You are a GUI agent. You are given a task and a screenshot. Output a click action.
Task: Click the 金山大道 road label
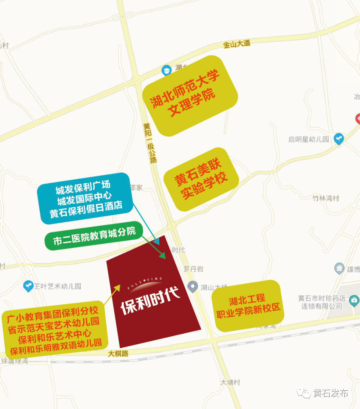pos(236,44)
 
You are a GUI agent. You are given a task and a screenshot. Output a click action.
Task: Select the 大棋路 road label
pos(118,353)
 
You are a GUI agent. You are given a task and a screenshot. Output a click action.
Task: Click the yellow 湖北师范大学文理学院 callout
pos(190,96)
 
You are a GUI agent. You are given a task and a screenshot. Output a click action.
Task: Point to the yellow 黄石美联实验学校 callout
pos(201,180)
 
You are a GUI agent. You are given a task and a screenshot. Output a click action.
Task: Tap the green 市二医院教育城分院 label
pos(94,235)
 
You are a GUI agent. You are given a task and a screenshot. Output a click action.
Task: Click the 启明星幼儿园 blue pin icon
pos(339,138)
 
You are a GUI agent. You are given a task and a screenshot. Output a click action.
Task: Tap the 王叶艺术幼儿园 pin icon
pos(28,286)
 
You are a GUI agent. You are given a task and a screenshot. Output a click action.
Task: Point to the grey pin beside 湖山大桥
pos(192,286)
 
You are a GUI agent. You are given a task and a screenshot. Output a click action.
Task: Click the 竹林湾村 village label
pos(325,198)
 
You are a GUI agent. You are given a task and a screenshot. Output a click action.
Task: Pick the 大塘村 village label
pos(230,382)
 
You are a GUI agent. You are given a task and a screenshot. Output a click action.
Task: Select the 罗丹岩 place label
pos(193,269)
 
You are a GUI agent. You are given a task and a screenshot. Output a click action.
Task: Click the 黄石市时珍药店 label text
pos(321,302)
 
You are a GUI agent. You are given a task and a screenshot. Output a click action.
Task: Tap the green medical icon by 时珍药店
pos(354,301)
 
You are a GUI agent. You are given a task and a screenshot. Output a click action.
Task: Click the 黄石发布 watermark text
pos(331,393)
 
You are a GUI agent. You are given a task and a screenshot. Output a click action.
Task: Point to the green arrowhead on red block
pos(163,256)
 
